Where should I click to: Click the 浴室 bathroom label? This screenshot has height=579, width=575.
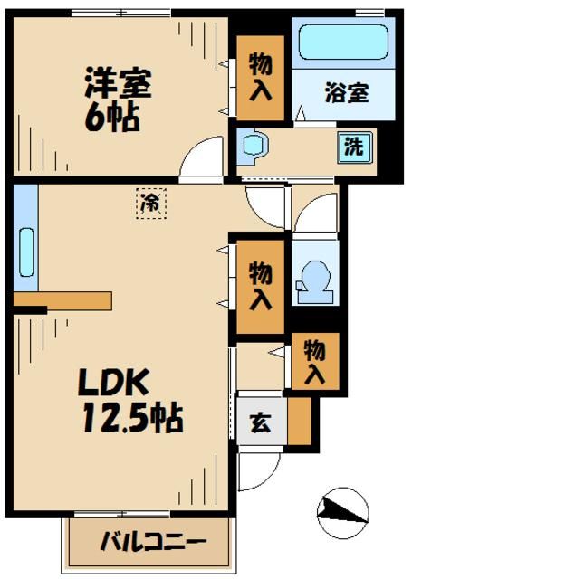346,92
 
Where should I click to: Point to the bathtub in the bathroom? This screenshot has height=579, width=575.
342,43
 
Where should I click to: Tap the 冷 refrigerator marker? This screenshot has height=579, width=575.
151,204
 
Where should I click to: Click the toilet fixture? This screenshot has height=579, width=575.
313,278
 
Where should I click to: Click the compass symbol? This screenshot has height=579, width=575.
343,513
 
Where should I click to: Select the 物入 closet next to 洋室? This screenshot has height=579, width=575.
260,77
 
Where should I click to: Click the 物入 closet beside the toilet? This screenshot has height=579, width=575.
261,286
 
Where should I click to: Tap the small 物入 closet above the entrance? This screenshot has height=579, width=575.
315,362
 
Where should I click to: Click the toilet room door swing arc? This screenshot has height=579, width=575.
312,213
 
